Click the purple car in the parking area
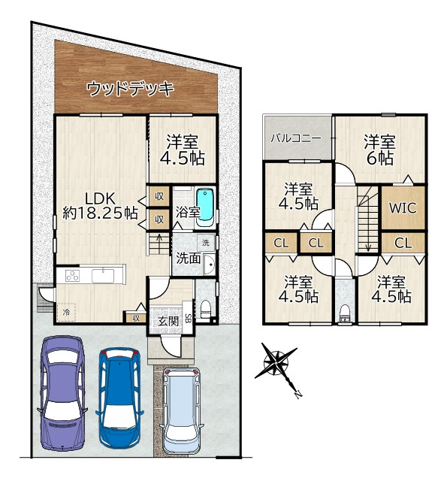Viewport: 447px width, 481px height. pyautogui.click(x=62, y=393)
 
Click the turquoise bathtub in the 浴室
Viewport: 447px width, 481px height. pyautogui.click(x=205, y=207)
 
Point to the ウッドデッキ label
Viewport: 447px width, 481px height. pyautogui.click(x=130, y=89)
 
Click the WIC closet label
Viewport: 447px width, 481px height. pyautogui.click(x=403, y=208)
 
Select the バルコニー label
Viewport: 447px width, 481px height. pyautogui.click(x=296, y=138)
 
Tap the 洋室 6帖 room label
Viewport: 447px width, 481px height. pyautogui.click(x=379, y=150)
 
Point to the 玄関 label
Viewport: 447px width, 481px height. pyautogui.click(x=168, y=321)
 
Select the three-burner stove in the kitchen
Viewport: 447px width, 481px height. pyautogui.click(x=73, y=276)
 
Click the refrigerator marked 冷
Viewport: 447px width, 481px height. pyautogui.click(x=66, y=312)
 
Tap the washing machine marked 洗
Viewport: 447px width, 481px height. pyautogui.click(x=206, y=242)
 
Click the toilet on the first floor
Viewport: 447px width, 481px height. pyautogui.click(x=205, y=309)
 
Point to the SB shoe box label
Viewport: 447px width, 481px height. pyautogui.click(x=189, y=316)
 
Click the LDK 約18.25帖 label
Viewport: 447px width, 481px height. pyautogui.click(x=100, y=206)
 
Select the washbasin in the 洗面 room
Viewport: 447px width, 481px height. pyautogui.click(x=210, y=265)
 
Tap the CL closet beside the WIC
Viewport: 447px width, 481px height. pyautogui.click(x=403, y=243)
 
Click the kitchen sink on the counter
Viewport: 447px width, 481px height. pyautogui.click(x=103, y=276)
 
